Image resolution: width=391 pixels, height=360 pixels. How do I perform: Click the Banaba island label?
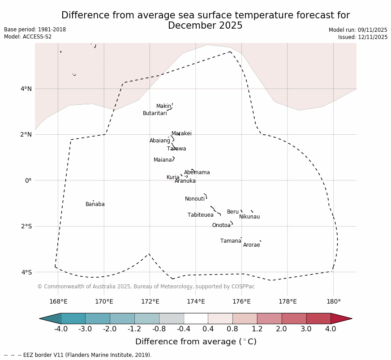[x=95, y=205]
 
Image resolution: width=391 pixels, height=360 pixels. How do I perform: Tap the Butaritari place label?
[x=155, y=114]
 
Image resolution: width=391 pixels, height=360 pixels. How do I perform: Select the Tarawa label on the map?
[x=176, y=149]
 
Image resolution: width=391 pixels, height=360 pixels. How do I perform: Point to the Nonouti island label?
[x=195, y=199]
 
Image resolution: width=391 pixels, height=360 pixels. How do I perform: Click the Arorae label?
[x=251, y=245]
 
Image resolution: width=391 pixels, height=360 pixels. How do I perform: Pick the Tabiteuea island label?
[x=201, y=215]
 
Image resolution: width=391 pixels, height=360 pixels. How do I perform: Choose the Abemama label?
[x=197, y=173]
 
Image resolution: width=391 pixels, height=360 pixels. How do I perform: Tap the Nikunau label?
[x=249, y=217]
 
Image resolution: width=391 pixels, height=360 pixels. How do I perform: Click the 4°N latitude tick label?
[x=26, y=89]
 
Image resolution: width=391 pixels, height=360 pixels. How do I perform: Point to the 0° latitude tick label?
[x=28, y=181]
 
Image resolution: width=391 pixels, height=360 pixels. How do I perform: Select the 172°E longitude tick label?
[x=150, y=301]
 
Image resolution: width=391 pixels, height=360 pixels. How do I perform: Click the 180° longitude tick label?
[x=334, y=301]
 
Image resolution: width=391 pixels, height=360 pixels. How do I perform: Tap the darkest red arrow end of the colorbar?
[x=342, y=319]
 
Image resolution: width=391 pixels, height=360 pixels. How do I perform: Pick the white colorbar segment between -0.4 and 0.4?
[x=196, y=319]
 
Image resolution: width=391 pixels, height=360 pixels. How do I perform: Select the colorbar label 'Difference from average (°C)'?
[x=196, y=342]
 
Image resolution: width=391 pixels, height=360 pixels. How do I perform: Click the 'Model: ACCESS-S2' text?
[x=28, y=37]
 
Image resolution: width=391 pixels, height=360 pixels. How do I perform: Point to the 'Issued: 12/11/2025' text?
[x=363, y=38]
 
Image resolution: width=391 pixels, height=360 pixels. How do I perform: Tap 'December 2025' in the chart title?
[x=205, y=26]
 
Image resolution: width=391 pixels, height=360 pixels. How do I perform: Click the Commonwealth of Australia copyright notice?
[x=146, y=287]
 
